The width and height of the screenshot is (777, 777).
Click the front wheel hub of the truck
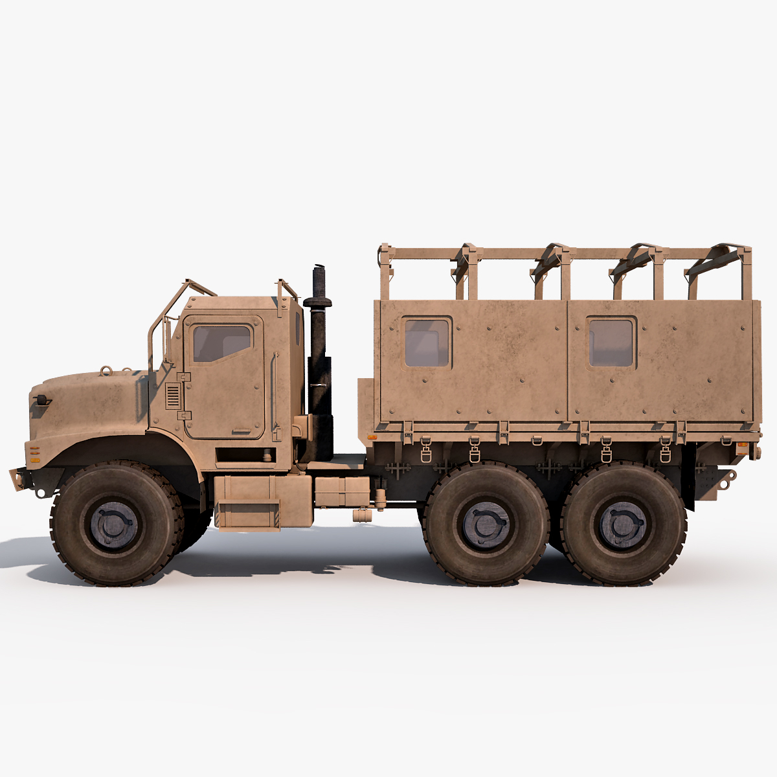pyautogui.click(x=117, y=523)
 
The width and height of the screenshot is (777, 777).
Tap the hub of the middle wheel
pyautogui.click(x=486, y=523)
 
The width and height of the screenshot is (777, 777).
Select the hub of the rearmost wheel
pyautogui.click(x=623, y=523)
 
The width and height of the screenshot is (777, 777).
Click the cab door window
pyautogui.click(x=221, y=343)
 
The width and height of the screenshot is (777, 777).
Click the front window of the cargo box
pyautogui.click(x=427, y=342)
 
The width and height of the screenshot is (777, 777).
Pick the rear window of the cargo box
pyautogui.click(x=611, y=342)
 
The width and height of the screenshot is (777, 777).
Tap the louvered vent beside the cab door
pyautogui.click(x=173, y=395)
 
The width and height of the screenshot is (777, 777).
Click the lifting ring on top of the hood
pyautogui.click(x=106, y=371)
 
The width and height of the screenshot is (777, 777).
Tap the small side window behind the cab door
pyautogui.click(x=298, y=328)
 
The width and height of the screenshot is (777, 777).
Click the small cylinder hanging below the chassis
pyautogui.click(x=360, y=515)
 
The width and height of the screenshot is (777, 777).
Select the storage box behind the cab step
pyautogui.click(x=342, y=492)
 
